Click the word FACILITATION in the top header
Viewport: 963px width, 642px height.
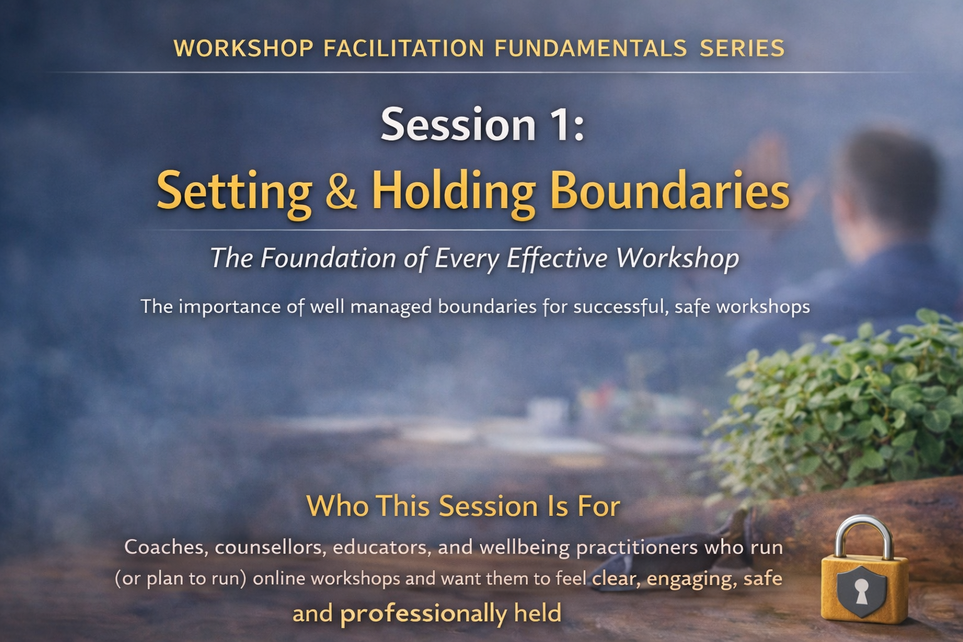click(x=404, y=48)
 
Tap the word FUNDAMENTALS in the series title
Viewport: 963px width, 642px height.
click(x=591, y=48)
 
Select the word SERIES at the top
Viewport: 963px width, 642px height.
click(x=742, y=48)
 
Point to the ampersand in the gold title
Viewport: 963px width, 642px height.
click(x=341, y=190)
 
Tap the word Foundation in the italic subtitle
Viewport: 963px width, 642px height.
click(x=328, y=258)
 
